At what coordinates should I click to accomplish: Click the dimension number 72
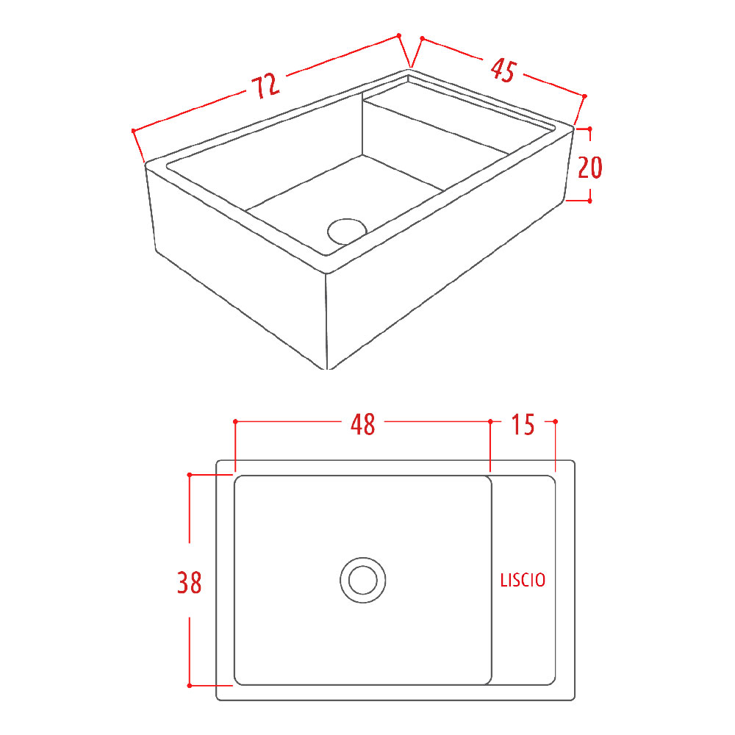[266, 86]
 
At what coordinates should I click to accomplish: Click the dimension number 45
[503, 71]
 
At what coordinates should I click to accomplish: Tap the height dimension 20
[589, 168]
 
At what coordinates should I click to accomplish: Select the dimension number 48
[363, 424]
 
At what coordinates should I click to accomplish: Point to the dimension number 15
[523, 424]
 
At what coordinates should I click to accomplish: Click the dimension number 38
[190, 583]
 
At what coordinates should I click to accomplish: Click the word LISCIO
[523, 581]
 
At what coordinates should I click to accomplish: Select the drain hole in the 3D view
[347, 232]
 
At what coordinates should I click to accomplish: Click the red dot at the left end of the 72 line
[134, 131]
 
